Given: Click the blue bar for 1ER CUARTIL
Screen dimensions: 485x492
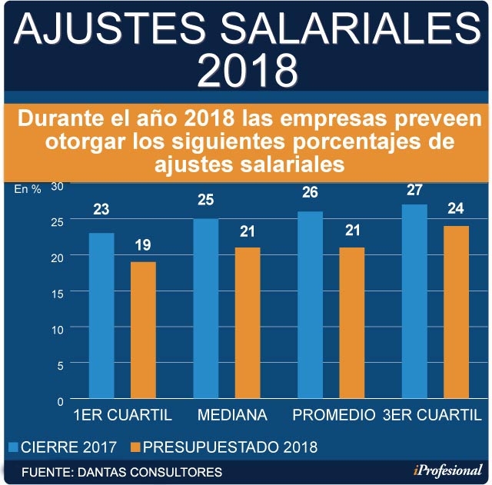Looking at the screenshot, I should (101, 317).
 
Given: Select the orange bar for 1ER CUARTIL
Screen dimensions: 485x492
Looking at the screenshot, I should (142, 331).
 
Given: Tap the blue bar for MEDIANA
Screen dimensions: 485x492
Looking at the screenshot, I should (205, 309).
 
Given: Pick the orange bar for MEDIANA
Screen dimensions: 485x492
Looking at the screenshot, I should (247, 324).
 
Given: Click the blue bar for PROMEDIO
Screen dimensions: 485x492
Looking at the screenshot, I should (310, 305).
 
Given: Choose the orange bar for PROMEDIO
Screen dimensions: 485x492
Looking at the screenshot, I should (351, 324).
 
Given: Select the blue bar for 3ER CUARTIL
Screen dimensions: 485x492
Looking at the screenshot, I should (414, 302).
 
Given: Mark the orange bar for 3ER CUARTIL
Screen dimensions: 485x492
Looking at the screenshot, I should (455, 313).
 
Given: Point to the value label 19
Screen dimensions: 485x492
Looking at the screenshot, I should (142, 247).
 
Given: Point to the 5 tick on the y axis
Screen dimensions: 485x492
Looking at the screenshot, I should (59, 364).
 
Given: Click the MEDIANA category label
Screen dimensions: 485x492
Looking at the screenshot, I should (232, 416).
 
